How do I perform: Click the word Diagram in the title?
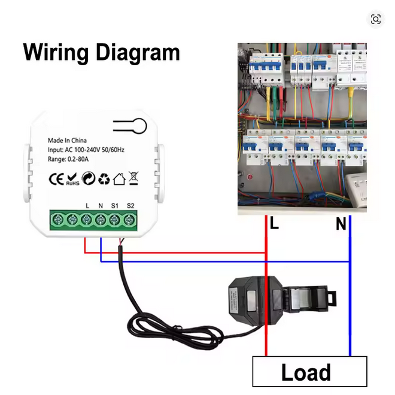click(133, 53)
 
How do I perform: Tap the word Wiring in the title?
click(53, 53)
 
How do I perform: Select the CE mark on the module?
click(56, 178)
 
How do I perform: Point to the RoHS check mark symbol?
click(72, 178)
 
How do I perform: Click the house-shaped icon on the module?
click(118, 178)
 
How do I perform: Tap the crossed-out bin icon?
click(134, 178)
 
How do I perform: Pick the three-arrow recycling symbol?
click(104, 178)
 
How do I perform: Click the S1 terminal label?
click(116, 206)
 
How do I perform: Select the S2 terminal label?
click(130, 206)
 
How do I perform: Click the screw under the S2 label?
click(130, 220)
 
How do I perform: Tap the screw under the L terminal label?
click(87, 220)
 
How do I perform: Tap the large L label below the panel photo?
click(274, 224)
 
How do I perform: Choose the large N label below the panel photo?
click(341, 224)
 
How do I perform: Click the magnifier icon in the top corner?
click(375, 19)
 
